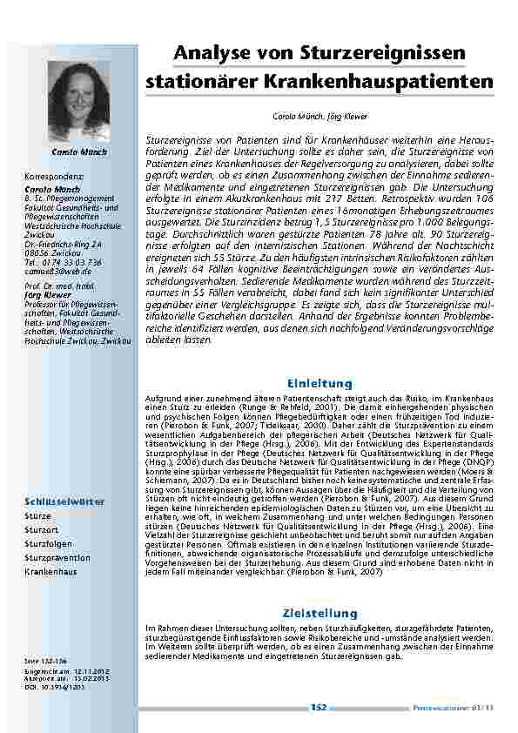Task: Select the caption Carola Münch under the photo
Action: tap(80, 151)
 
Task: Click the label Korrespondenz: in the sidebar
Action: tap(55, 175)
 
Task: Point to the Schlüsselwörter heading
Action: tap(65, 502)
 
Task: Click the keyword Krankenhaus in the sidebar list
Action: tap(50, 572)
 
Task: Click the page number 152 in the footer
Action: tap(319, 708)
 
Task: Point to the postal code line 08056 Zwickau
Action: tap(52, 230)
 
